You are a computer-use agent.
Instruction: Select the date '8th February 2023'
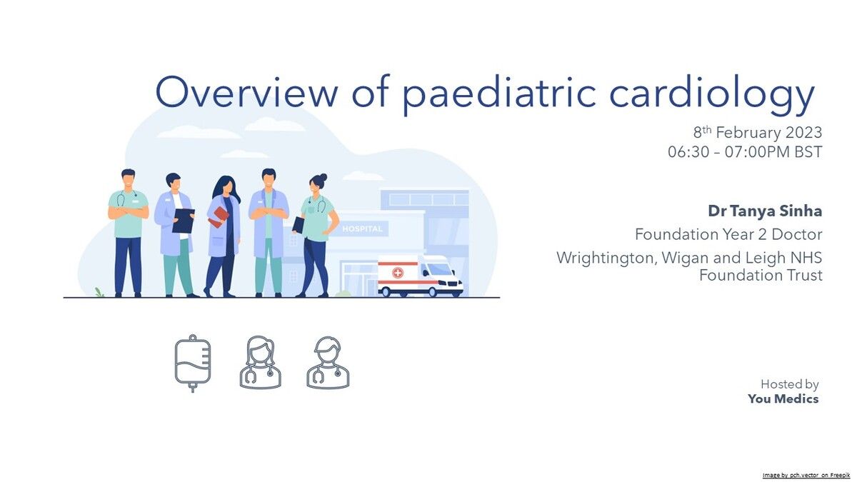pyautogui.click(x=758, y=132)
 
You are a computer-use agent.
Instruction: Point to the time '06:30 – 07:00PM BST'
pyautogui.click(x=745, y=152)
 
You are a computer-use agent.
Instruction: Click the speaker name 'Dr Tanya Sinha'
pyautogui.click(x=765, y=211)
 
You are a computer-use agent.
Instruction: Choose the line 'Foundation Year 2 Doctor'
pyautogui.click(x=728, y=234)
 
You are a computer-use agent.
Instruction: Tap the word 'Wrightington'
pyautogui.click(x=606, y=258)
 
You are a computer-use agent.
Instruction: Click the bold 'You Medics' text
pyautogui.click(x=783, y=398)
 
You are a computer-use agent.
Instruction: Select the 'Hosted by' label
pyautogui.click(x=789, y=383)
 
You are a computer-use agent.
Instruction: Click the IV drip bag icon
pyautogui.click(x=192, y=363)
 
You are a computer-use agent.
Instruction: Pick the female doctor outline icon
pyautogui.click(x=260, y=363)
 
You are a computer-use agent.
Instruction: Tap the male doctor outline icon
pyautogui.click(x=328, y=363)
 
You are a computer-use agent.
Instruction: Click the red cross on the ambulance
pyautogui.click(x=398, y=273)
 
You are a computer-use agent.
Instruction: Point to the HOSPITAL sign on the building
pyautogui.click(x=362, y=229)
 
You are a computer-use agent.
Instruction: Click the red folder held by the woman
pyautogui.click(x=219, y=217)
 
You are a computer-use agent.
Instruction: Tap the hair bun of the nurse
pyautogui.click(x=323, y=178)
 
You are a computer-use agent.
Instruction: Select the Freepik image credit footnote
pyautogui.click(x=806, y=475)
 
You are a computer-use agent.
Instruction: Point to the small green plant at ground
pyautogui.click(x=99, y=293)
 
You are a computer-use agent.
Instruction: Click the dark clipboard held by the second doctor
pyautogui.click(x=184, y=221)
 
